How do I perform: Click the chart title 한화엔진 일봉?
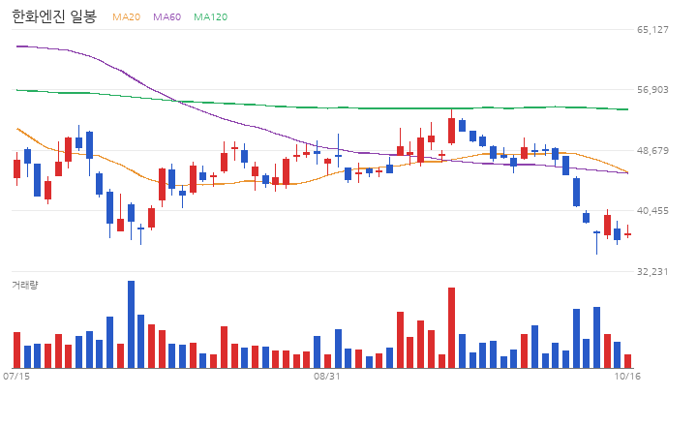pyautogui.click(x=54, y=16)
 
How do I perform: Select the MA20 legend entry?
pyautogui.click(x=126, y=16)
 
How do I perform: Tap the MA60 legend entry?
pyautogui.click(x=167, y=16)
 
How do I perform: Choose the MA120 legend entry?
pyautogui.click(x=211, y=16)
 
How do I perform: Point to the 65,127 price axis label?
pyautogui.click(x=652, y=29)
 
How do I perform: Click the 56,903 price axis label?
pyautogui.click(x=652, y=90)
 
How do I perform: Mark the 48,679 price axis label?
pyautogui.click(x=652, y=150)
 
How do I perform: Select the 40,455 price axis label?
pyautogui.click(x=652, y=210)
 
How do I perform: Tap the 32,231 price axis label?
pyautogui.click(x=652, y=271)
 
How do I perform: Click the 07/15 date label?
pyautogui.click(x=16, y=377)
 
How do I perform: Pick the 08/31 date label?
pyautogui.click(x=327, y=377)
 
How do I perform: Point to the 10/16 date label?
pyautogui.click(x=627, y=377)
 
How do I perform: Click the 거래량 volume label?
pyautogui.click(x=25, y=285)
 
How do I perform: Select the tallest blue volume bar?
pyautogui.click(x=131, y=324)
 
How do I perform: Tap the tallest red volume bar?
pyautogui.click(x=452, y=327)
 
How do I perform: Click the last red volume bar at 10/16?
pyautogui.click(x=627, y=361)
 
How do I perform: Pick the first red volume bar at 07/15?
pyautogui.click(x=16, y=350)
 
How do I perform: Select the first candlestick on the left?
pyautogui.click(x=16, y=169)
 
